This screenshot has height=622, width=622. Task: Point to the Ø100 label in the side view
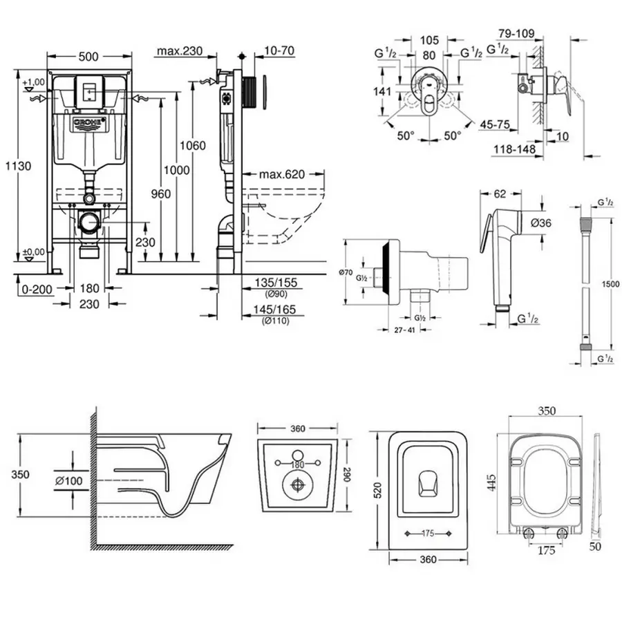71,480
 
